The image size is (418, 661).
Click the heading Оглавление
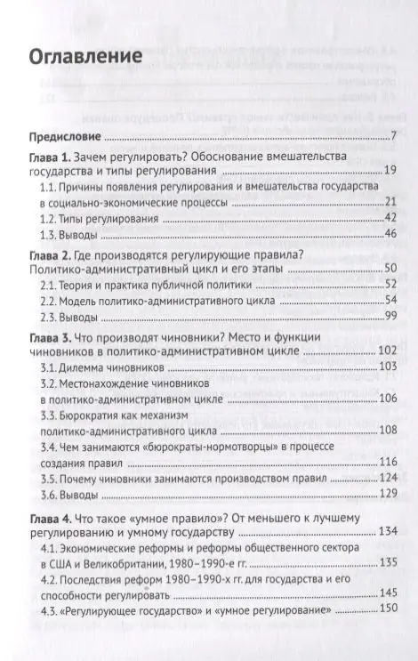tap(86, 56)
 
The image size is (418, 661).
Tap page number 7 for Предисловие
tap(391, 137)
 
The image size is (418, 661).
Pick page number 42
tap(389, 217)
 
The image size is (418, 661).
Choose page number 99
tap(389, 316)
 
